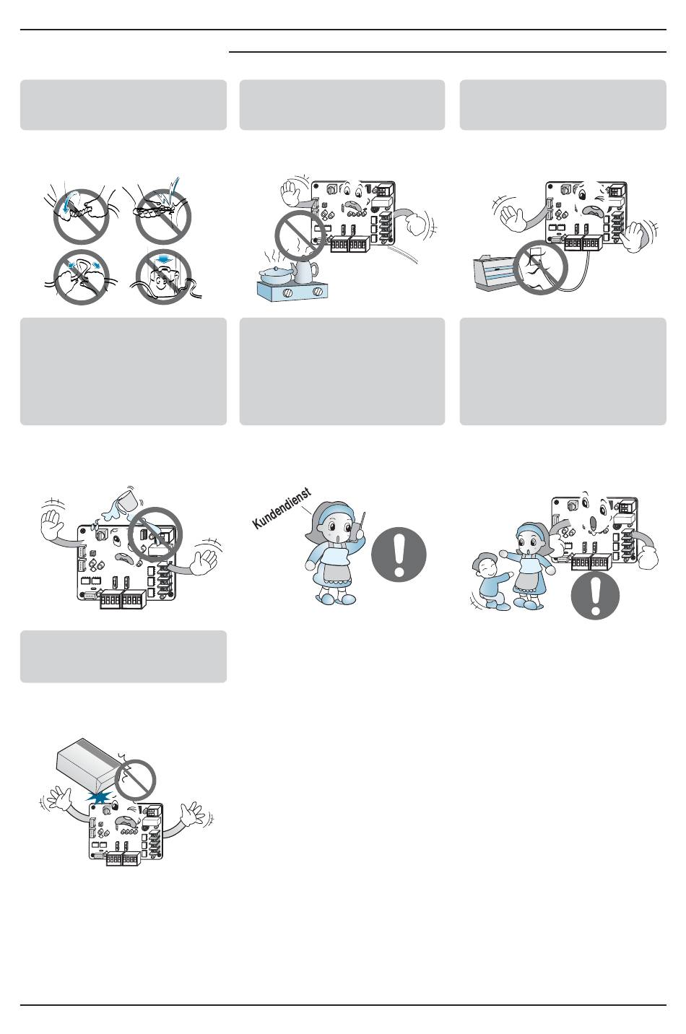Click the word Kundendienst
click(x=282, y=508)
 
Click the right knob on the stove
click(x=318, y=292)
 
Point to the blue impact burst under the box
click(x=100, y=797)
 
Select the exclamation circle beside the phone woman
click(x=399, y=555)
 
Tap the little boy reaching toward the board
click(x=491, y=582)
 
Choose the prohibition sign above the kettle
click(x=300, y=235)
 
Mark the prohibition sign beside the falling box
click(x=135, y=780)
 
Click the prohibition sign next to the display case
click(x=541, y=267)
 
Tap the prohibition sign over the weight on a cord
click(x=163, y=277)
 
